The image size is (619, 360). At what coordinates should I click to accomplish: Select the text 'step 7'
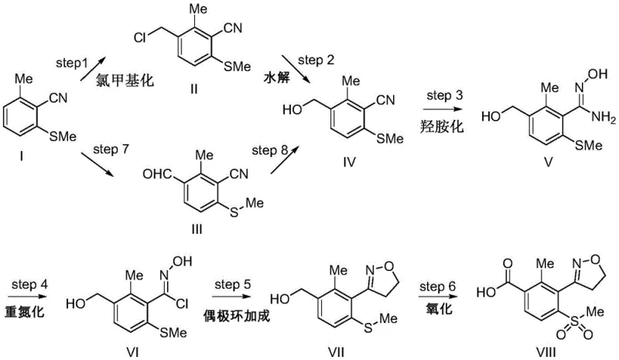(110, 144)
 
